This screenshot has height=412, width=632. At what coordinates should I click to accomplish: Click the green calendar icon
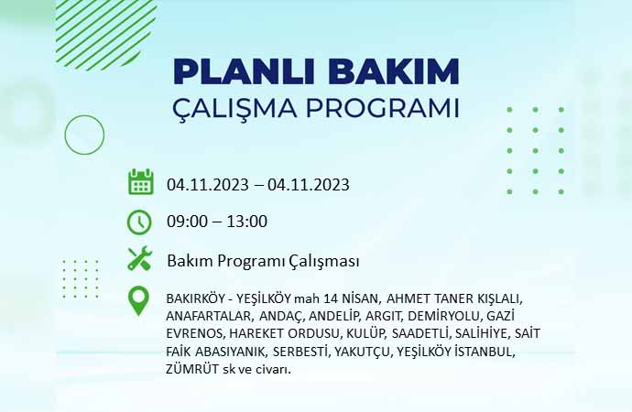click(141, 182)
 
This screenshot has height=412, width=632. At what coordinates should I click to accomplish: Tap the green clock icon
click(139, 222)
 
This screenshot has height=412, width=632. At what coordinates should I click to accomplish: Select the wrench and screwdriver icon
click(140, 258)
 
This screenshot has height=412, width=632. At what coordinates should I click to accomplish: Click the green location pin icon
click(138, 300)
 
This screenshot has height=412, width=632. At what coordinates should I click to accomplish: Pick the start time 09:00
click(187, 222)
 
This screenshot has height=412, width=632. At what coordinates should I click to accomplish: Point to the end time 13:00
click(246, 222)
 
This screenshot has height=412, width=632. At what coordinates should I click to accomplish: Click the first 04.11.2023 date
click(208, 185)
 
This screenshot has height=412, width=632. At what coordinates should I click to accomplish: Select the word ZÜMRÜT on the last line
click(192, 368)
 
